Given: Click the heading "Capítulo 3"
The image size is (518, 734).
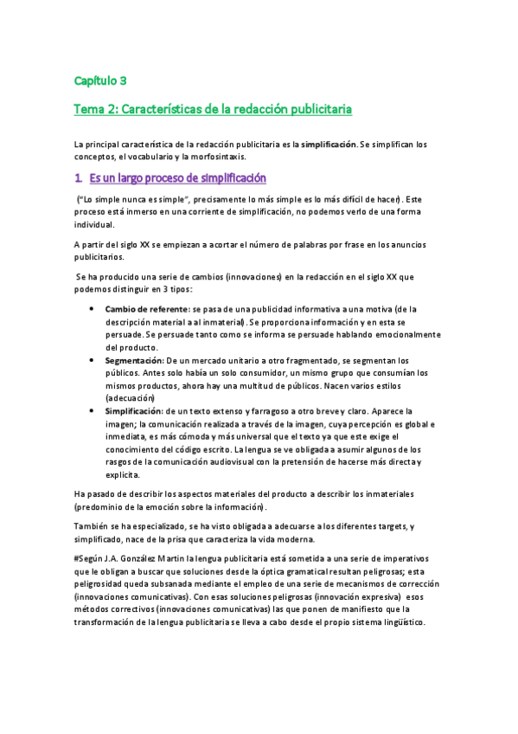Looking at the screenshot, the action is (100, 81).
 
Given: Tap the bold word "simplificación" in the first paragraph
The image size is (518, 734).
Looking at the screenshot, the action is (329, 143).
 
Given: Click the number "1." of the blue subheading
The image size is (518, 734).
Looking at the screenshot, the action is (79, 178).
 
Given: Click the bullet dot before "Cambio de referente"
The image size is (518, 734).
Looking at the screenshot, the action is (92, 308).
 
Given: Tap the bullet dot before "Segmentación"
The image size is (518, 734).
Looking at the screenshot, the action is (92, 358).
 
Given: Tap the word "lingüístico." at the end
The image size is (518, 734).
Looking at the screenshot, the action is (395, 623).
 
